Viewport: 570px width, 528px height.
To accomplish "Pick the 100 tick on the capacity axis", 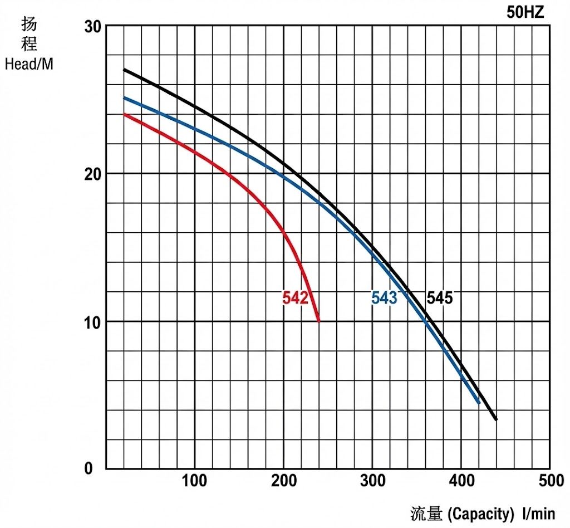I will (x=194, y=481).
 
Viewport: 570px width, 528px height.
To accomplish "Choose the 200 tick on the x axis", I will (x=283, y=481).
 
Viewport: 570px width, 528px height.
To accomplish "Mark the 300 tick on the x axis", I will (x=372, y=481).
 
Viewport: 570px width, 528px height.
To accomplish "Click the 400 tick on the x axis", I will (x=461, y=481).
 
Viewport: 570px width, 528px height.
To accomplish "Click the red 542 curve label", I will (x=295, y=299).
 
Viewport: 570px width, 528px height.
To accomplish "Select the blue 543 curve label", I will (x=384, y=299).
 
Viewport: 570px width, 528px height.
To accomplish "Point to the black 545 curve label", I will (x=439, y=299).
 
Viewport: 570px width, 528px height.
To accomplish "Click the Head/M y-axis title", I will (x=29, y=64).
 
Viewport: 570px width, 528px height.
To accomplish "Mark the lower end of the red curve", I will (x=318, y=321).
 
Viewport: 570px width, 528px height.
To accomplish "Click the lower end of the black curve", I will (x=495, y=419).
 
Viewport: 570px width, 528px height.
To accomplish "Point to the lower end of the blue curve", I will (x=478, y=402).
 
